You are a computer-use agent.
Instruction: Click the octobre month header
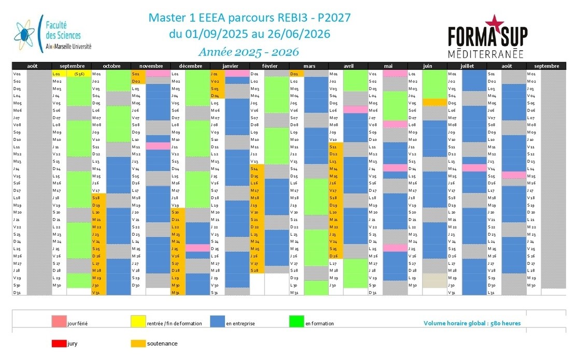coord(111,66)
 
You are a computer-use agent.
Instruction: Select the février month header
coord(269,66)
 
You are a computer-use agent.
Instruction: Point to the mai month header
coord(388,66)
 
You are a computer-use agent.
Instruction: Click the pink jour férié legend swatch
coord(59,322)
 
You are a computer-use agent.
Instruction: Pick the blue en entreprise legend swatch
coord(217,322)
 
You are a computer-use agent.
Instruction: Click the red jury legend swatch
coord(59,343)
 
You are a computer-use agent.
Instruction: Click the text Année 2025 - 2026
coord(249,52)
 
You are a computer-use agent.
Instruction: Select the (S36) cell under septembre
coord(79,74)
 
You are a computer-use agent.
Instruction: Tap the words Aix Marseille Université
coord(68,47)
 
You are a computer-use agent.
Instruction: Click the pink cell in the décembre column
coord(198,248)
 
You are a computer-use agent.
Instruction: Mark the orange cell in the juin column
coord(434,103)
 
